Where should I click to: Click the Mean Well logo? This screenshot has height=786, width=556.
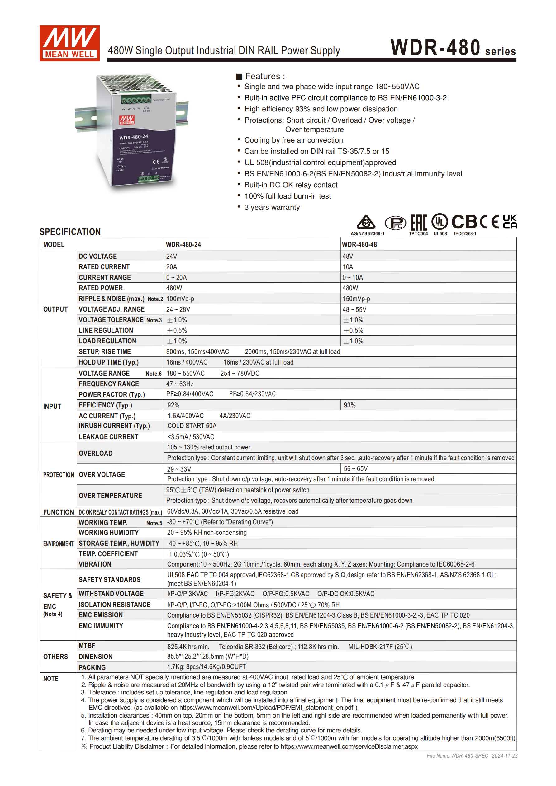point(69,43)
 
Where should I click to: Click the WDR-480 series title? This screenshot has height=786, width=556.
point(453,48)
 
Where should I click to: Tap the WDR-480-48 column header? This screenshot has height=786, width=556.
point(359,244)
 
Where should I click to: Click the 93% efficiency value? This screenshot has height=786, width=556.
point(350,405)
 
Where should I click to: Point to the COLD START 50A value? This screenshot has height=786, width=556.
point(192,426)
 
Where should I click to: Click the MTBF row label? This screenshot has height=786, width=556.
point(87,646)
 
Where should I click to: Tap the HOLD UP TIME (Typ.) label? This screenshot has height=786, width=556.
point(109,362)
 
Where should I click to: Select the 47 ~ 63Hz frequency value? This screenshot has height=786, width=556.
point(180,384)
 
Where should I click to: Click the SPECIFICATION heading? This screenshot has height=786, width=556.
point(70,232)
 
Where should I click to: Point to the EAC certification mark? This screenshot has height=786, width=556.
point(418,223)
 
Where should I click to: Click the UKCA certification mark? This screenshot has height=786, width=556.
point(510,222)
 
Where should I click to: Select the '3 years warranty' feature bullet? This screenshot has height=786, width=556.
point(272,207)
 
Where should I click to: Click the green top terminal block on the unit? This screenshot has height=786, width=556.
point(136,100)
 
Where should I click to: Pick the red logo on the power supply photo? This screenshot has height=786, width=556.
point(127,120)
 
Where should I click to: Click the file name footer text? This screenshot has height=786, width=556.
point(472,756)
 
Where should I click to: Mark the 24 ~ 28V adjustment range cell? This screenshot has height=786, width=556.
point(178,309)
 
